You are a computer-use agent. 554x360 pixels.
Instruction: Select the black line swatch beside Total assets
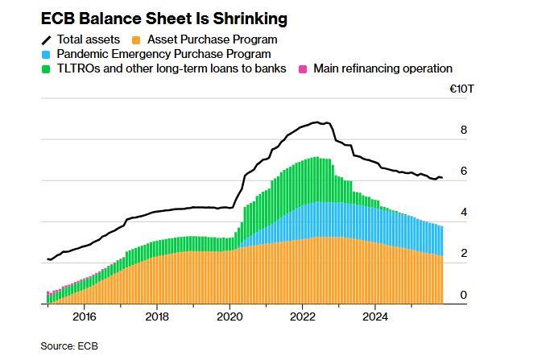click(x=47, y=39)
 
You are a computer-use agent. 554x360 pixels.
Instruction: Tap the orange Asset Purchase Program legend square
click(x=138, y=39)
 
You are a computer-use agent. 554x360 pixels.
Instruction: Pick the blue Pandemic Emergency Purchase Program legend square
click(x=47, y=54)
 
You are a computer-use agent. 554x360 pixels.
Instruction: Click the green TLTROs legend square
click(x=47, y=69)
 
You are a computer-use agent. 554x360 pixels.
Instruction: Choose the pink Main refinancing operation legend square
click(x=303, y=69)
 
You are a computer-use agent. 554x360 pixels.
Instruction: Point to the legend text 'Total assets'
click(x=89, y=39)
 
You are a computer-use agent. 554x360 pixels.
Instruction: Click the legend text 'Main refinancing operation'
click(x=382, y=69)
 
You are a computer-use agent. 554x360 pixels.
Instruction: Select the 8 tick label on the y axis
click(x=463, y=130)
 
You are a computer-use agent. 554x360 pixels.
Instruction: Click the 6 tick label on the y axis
click(x=463, y=171)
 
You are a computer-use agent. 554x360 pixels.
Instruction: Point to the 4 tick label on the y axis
click(x=463, y=213)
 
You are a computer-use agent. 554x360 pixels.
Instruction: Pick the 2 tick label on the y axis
click(x=463, y=254)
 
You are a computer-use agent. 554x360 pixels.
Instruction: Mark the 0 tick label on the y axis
click(x=463, y=296)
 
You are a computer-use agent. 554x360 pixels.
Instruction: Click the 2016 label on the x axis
click(x=84, y=317)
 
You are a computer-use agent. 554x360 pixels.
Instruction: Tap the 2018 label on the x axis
click(x=157, y=317)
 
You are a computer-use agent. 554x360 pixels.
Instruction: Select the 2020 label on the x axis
click(x=229, y=317)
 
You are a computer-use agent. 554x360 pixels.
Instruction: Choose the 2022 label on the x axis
click(x=302, y=317)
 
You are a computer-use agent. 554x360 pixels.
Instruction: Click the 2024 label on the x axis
click(x=375, y=317)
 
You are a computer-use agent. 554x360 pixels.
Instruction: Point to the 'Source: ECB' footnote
click(x=69, y=346)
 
